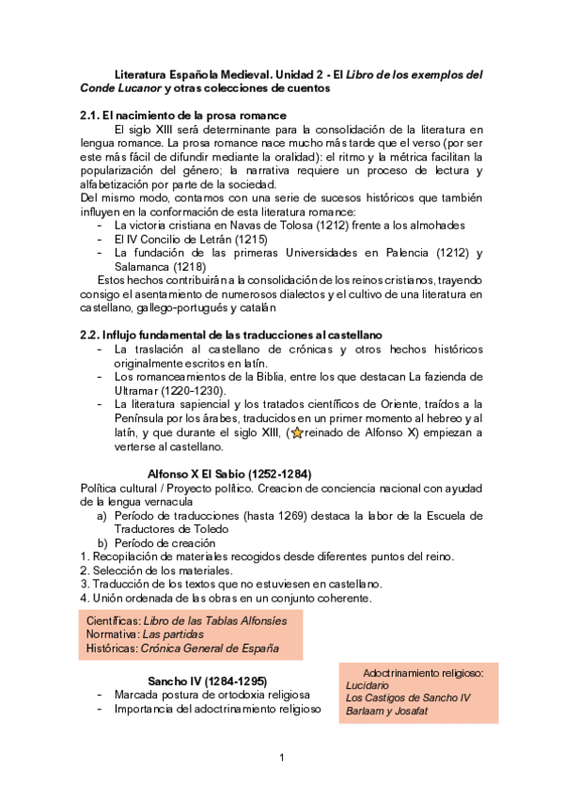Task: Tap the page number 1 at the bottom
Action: [281, 758]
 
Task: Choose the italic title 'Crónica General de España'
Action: [210, 649]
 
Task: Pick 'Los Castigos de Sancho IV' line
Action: [408, 698]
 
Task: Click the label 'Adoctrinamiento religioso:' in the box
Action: [422, 673]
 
